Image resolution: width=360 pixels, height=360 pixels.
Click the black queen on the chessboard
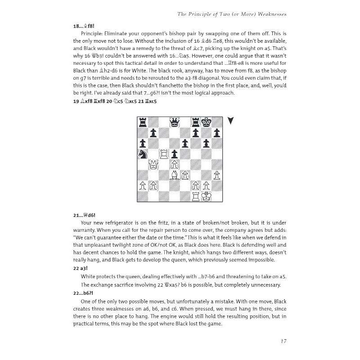pos(174,122)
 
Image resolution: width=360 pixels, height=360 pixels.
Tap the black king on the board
pos(207,122)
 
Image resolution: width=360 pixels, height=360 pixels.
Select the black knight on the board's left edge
pos(142,154)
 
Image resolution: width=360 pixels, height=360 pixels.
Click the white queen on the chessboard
pos(153,165)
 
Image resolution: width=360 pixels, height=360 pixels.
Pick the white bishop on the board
pos(174,175)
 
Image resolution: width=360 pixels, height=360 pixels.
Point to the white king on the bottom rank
pos(207,196)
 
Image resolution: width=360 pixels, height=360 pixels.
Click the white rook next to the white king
pos(196,196)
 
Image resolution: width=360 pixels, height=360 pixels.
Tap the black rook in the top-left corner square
pos(142,122)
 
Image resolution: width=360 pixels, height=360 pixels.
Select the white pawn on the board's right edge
pos(217,175)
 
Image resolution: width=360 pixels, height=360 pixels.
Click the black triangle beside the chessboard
pos(231,121)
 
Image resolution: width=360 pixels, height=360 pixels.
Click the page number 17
pos(282,341)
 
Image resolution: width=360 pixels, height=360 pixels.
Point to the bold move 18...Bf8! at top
pos(84,26)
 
